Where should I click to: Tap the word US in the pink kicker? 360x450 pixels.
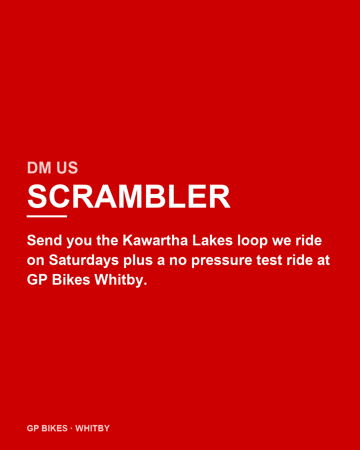pyautogui.click(x=67, y=168)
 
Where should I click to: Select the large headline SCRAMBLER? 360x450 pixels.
pyautogui.click(x=129, y=197)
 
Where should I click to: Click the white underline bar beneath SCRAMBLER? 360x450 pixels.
pyautogui.click(x=47, y=216)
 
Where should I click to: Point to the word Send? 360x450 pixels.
pyautogui.click(x=44, y=241)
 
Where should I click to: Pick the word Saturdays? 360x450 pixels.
pyautogui.click(x=84, y=260)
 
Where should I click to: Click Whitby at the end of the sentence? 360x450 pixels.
pyautogui.click(x=121, y=280)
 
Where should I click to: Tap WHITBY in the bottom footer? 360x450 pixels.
pyautogui.click(x=93, y=428)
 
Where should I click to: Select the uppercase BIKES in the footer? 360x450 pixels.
pyautogui.click(x=55, y=428)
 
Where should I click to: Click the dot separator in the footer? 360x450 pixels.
pyautogui.click(x=71, y=428)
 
